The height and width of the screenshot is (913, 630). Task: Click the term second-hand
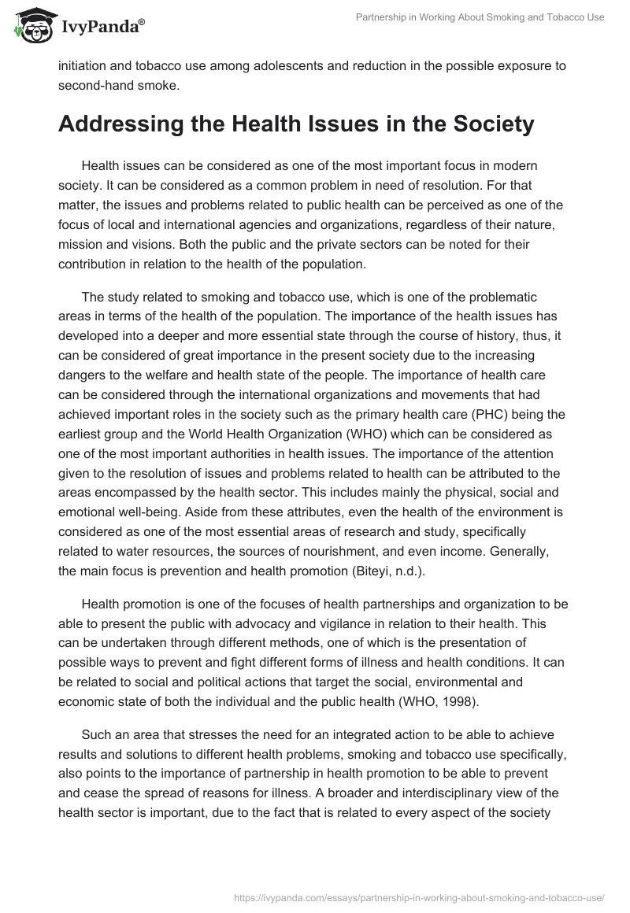(x=92, y=87)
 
